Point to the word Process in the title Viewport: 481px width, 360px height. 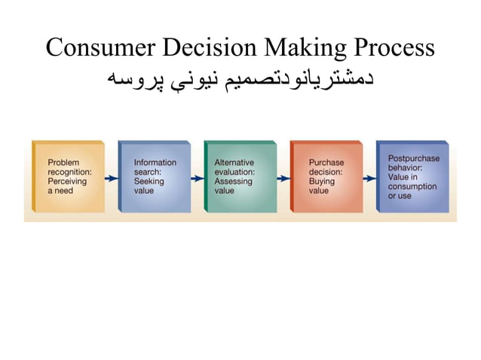(x=393, y=48)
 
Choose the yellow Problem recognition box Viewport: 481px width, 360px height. (x=68, y=176)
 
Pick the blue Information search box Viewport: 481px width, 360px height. (x=154, y=176)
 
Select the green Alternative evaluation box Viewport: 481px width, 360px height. (x=240, y=176)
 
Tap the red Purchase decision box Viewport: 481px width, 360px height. (x=326, y=176)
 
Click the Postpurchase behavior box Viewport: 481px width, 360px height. (x=412, y=176)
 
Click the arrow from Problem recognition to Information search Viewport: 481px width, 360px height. (x=111, y=178)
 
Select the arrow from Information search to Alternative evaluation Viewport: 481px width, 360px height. (x=197, y=178)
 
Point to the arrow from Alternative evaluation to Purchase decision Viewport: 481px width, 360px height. (x=283, y=178)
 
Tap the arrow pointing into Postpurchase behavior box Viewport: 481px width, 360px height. (x=369, y=178)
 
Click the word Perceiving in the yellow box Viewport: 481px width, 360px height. (x=67, y=182)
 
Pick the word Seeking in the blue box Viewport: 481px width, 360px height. (x=149, y=182)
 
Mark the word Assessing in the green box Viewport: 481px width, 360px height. (x=232, y=182)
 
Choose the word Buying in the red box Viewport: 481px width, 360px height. (x=321, y=182)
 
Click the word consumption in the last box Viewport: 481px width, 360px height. (x=412, y=186)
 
